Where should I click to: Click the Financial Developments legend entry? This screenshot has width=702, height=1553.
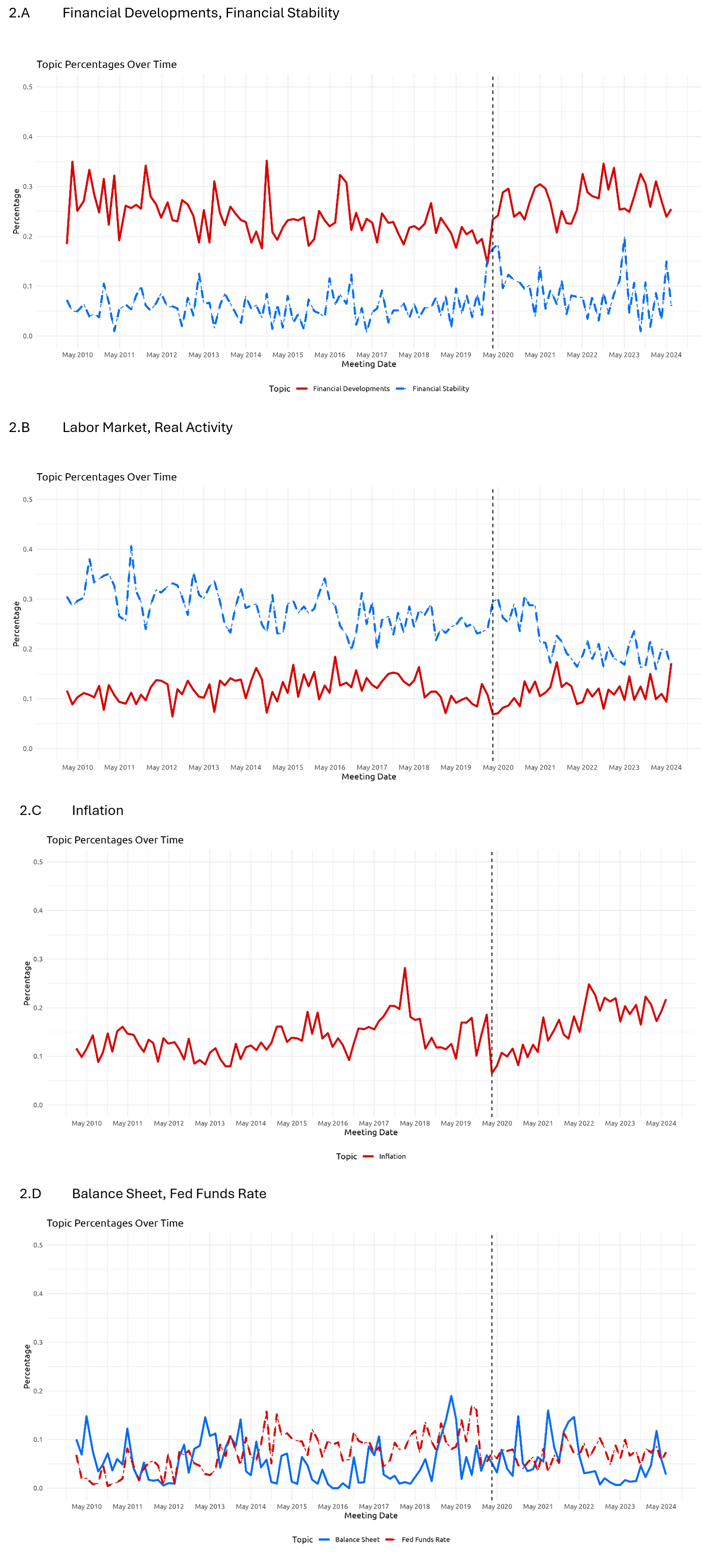[x=350, y=389]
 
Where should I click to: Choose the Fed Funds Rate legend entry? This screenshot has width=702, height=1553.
[x=425, y=1539]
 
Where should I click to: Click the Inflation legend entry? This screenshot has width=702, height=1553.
[x=392, y=1156]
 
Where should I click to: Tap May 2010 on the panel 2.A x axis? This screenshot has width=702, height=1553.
[x=77, y=354]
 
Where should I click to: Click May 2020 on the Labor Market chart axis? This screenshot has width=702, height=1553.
[x=498, y=767]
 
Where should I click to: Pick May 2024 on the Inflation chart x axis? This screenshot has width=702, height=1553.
[x=660, y=1122]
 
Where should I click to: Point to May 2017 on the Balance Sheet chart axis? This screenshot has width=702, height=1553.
[x=373, y=1506]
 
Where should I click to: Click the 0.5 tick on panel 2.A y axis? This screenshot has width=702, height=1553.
[x=28, y=87]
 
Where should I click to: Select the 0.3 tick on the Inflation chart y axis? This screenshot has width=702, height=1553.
[x=38, y=959]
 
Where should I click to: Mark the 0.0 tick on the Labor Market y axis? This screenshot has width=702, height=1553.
[x=28, y=748]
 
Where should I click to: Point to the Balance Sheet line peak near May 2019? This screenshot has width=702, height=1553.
[x=451, y=1395]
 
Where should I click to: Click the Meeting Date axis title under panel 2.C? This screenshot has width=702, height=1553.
[x=370, y=1132]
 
